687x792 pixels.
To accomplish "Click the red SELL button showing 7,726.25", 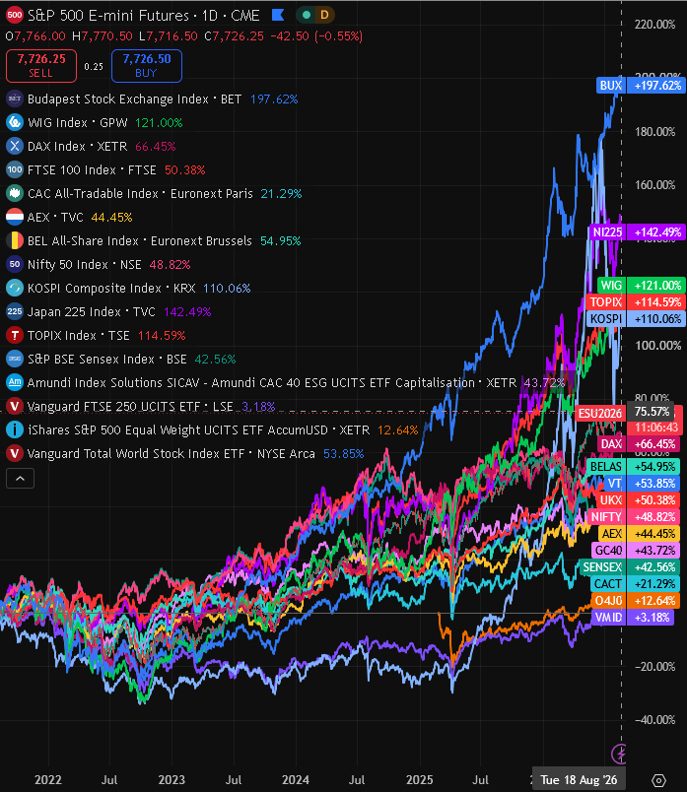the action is tap(41, 66).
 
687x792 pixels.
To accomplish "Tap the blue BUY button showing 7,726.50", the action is tap(147, 66).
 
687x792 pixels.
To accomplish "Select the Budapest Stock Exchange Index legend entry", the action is tap(152, 99).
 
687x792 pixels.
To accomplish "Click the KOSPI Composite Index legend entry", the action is tap(128, 288).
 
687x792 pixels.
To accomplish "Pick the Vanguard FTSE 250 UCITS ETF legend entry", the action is tap(141, 406).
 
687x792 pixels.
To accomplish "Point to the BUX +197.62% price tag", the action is tap(641, 86).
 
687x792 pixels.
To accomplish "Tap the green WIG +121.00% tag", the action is tap(641, 286).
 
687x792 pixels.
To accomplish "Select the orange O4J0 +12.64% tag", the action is tap(636, 601).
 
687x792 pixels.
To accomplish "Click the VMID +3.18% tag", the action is tap(632, 618).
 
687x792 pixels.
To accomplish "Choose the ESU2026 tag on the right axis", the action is tap(600, 413).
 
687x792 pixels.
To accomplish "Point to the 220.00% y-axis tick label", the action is tap(655, 25).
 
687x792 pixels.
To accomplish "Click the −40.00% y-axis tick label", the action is tap(655, 720).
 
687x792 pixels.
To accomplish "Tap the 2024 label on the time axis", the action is tap(296, 780).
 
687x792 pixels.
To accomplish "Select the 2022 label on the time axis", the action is tap(48, 780).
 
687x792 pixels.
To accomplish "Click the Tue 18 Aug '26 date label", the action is tap(579, 780).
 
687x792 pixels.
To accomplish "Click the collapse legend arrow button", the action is tap(21, 479).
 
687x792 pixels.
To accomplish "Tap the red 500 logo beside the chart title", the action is tap(15, 15).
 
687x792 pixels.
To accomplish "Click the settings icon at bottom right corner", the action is tap(658, 780).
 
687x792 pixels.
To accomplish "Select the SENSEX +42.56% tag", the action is tap(631, 567).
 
